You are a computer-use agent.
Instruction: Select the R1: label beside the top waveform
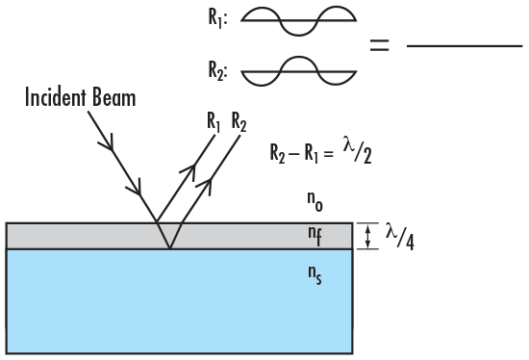pyautogui.click(x=217, y=17)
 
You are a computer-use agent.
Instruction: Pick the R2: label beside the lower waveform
pyautogui.click(x=217, y=69)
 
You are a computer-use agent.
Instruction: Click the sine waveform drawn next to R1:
pyautogui.click(x=299, y=21)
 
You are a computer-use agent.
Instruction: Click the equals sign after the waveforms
pyautogui.click(x=381, y=44)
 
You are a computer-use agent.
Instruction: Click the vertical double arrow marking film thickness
pyautogui.click(x=366, y=236)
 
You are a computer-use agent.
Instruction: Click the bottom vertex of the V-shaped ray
pyautogui.click(x=169, y=248)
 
